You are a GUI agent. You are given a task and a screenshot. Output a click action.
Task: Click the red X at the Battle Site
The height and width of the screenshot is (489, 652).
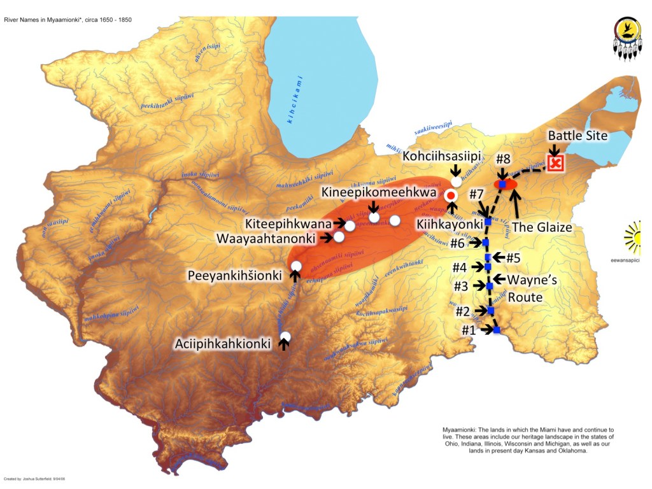coord(556,163)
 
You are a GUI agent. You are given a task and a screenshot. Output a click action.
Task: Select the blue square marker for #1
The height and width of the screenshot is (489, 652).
coord(496,330)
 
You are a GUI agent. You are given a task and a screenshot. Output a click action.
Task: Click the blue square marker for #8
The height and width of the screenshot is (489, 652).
coord(502,184)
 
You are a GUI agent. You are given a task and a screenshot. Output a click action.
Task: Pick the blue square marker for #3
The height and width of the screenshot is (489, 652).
coord(489,287)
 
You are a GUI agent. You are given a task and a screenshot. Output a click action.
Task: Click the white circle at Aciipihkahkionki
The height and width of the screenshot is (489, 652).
coord(285,336)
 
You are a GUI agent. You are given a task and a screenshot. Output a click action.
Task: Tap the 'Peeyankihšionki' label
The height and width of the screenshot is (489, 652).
coord(233,275)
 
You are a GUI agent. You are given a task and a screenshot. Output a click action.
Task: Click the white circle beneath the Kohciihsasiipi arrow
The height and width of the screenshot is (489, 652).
coord(456,181)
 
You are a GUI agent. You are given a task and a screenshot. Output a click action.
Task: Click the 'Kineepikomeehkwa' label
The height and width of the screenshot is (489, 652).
coord(379,192)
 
